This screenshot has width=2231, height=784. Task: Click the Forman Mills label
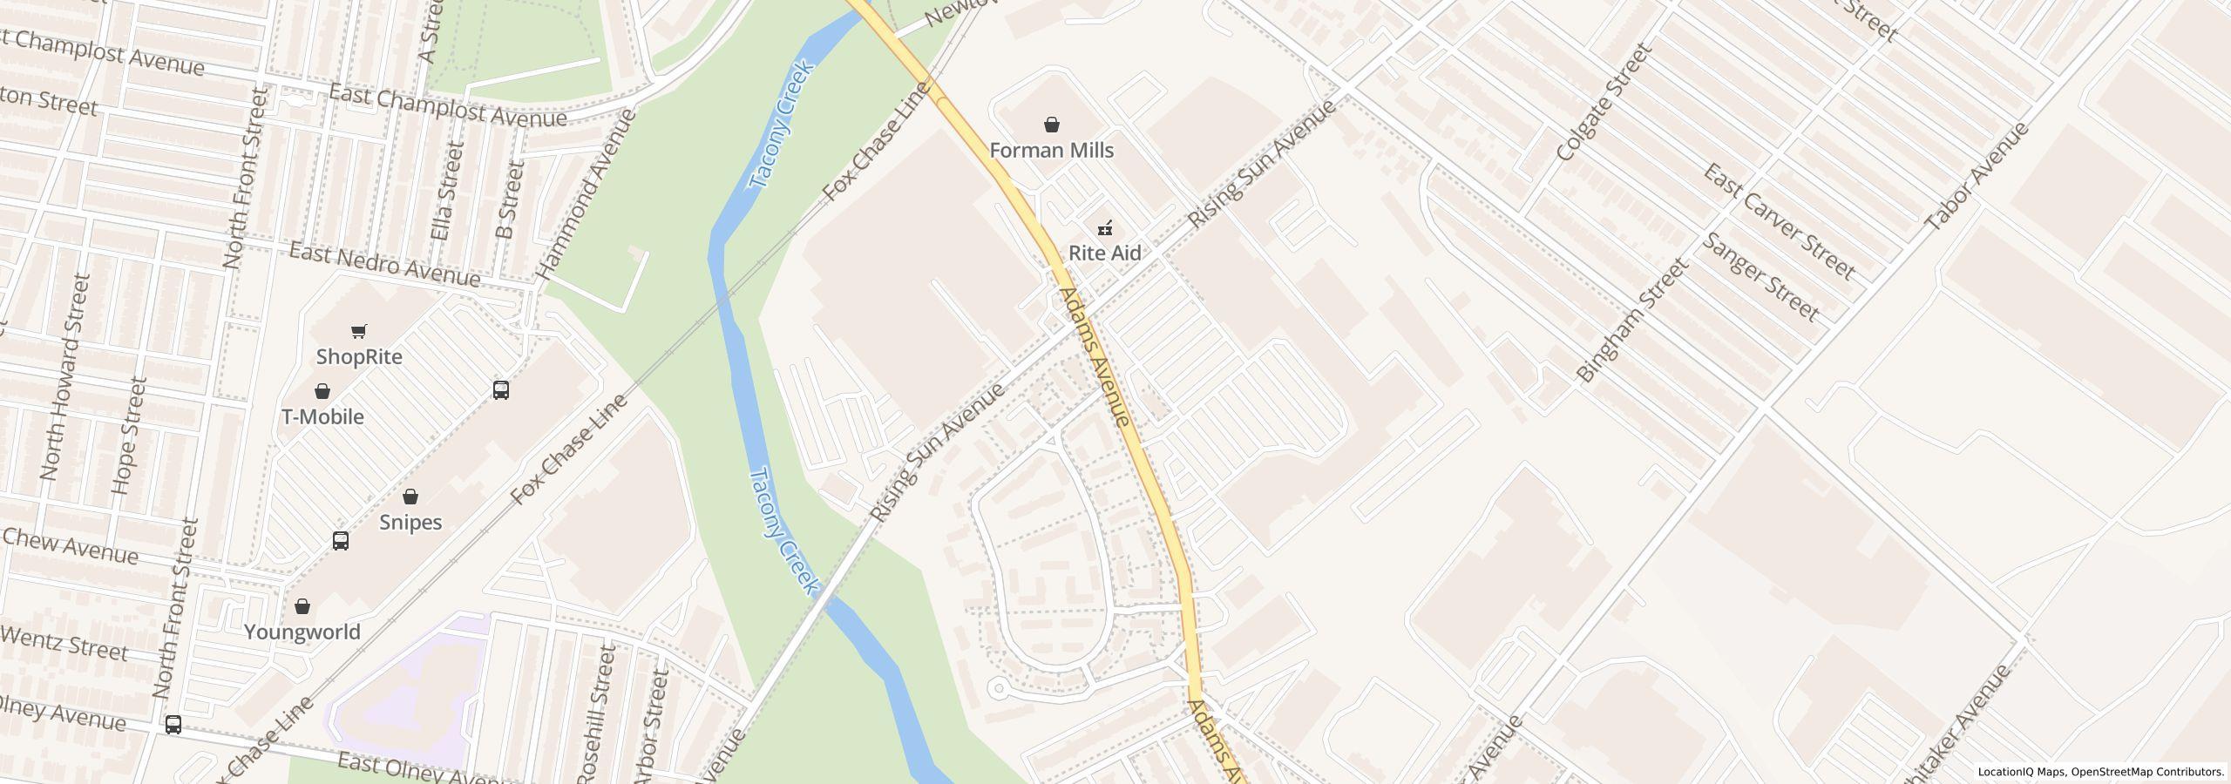coord(1051,151)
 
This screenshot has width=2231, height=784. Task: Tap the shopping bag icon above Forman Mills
coord(1052,125)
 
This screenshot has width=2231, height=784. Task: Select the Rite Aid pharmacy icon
coord(1105,228)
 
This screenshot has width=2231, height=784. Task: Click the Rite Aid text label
coord(1105,253)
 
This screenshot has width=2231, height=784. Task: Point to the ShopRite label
coord(359,357)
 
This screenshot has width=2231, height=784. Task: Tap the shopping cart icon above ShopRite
coord(358,331)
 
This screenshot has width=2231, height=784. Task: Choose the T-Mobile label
coord(322,417)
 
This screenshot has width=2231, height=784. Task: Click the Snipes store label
coord(410,523)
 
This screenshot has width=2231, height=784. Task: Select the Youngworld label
coord(302,632)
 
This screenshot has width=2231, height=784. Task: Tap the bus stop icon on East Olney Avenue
coord(173,725)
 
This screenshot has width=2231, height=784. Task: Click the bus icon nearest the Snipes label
coord(341,541)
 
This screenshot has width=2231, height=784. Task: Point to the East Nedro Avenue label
coord(384,265)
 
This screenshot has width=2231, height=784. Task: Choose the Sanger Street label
coord(1760,276)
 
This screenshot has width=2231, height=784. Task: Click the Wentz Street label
coord(64,644)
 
